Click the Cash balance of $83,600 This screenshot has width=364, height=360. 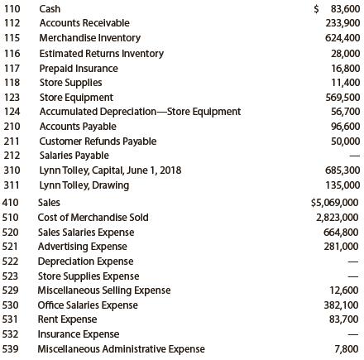coord(338,8)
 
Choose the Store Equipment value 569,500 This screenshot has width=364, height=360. coord(342,97)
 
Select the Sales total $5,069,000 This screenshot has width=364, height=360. coord(336,201)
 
